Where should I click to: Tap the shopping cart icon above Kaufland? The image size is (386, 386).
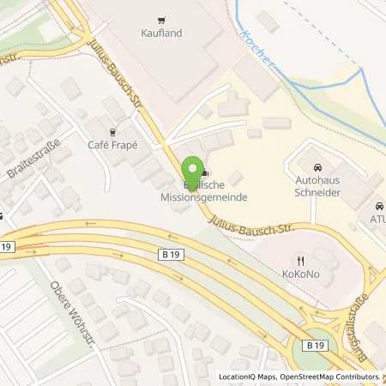pos(160,19)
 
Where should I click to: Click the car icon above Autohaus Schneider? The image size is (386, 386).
pos(318,166)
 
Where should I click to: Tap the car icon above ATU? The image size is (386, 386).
pos(378,206)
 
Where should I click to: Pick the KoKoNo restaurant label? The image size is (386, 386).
pos(299,274)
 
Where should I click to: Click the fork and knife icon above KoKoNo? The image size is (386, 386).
pos(299,259)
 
